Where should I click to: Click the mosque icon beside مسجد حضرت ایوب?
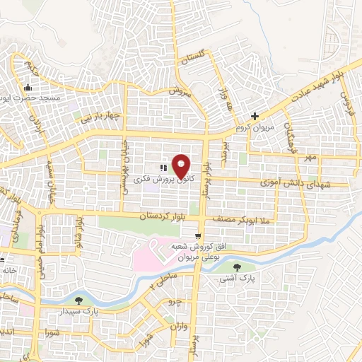28,88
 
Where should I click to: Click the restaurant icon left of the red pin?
163,169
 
